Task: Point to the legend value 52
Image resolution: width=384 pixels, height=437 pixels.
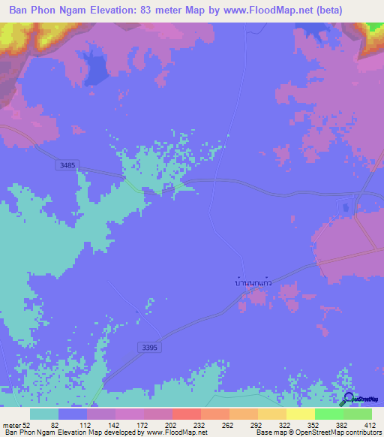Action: [x=27, y=425]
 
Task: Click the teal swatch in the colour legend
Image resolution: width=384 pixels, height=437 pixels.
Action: [x=44, y=414]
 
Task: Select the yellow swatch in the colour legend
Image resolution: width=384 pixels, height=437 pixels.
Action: [x=301, y=414]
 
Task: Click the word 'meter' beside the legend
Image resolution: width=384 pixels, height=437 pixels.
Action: [x=11, y=425]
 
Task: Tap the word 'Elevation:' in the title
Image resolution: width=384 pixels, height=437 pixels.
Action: [x=122, y=11]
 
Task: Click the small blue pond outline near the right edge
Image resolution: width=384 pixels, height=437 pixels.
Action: [x=346, y=206]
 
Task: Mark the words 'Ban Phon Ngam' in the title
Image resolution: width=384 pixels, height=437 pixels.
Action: [x=46, y=11]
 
